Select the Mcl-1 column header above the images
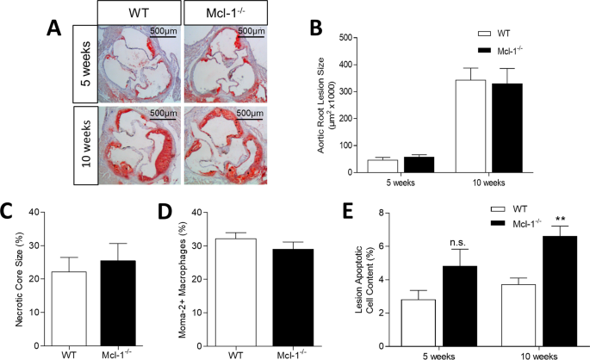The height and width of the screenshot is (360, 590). click(225, 12)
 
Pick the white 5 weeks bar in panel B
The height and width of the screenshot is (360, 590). click(376, 166)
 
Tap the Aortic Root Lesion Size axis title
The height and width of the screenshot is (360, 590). click(320, 105)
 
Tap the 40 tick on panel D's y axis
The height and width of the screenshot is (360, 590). click(201, 212)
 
